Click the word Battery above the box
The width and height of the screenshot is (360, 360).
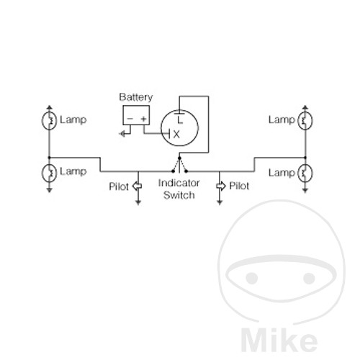(x=136, y=97)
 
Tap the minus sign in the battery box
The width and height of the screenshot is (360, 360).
(x=130, y=119)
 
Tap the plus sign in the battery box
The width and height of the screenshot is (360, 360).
(x=143, y=119)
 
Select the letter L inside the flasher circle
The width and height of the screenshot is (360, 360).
(x=180, y=120)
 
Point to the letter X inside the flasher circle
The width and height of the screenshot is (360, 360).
(x=176, y=135)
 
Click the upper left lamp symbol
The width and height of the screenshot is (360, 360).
(x=49, y=120)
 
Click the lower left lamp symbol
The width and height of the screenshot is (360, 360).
(x=49, y=172)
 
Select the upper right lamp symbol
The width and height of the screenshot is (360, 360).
(x=305, y=120)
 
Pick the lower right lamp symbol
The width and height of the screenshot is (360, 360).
(x=305, y=173)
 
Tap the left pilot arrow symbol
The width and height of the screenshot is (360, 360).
(x=137, y=186)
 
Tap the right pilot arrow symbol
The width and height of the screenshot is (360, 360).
(x=221, y=186)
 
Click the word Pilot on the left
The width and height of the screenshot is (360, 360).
(x=119, y=186)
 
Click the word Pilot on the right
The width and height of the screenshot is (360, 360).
(x=239, y=186)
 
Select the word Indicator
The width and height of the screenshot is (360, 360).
(x=179, y=183)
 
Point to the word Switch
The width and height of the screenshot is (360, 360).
(x=179, y=195)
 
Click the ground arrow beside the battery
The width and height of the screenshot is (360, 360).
(x=122, y=134)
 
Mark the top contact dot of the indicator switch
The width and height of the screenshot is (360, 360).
(x=179, y=158)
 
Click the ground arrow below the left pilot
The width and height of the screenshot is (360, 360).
(x=138, y=202)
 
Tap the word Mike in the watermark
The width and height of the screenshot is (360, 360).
(x=279, y=341)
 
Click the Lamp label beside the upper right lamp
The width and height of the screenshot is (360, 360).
(x=282, y=120)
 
